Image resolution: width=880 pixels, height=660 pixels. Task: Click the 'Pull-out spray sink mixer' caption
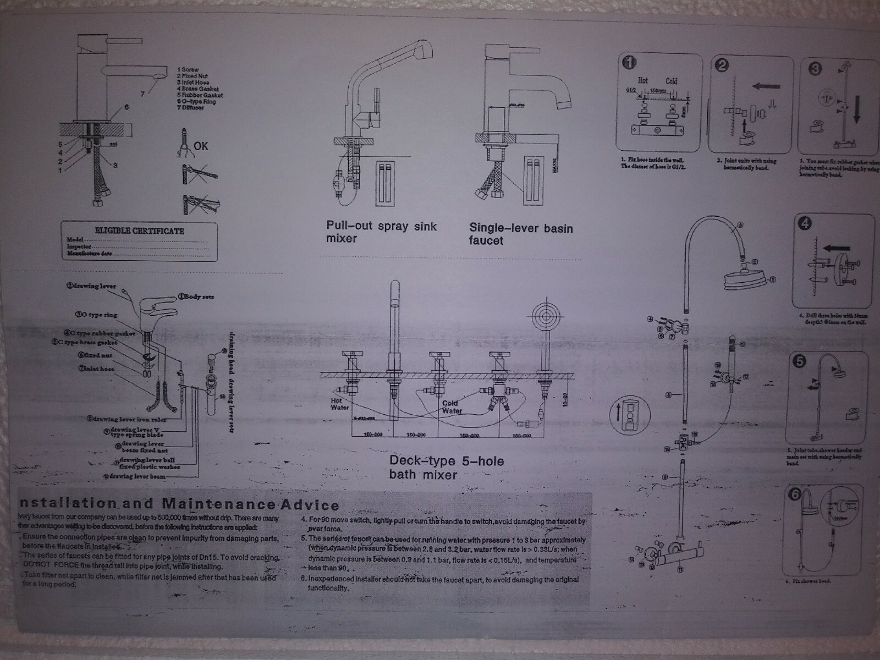pos(381,232)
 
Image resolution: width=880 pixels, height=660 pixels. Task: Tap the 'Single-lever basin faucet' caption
pos(520,234)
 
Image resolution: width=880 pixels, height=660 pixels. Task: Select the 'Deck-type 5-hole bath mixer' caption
pos(446,467)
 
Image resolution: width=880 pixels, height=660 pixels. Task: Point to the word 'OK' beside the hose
pos(201,146)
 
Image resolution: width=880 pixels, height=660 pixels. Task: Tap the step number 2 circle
pos(722,65)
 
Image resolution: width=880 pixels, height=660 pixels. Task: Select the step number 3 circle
pos(815,68)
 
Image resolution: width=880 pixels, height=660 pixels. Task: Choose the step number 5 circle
pos(799,361)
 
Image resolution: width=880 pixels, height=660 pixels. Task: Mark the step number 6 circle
pos(794,494)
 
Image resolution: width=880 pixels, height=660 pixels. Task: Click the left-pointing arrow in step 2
pos(766,86)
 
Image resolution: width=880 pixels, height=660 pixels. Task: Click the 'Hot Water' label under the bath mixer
pos(339,404)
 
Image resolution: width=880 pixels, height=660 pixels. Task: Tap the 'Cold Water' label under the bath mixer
pos(452,407)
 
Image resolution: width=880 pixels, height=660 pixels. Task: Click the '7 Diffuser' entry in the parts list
pos(190,108)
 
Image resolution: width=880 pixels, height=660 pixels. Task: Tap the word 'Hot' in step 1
pos(642,80)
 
